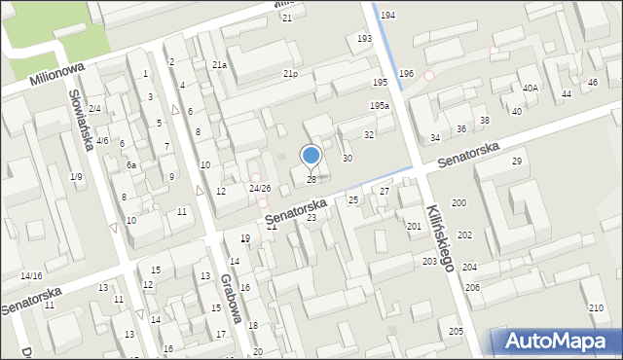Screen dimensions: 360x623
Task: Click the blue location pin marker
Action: tap(311, 155)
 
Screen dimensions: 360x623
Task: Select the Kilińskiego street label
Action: tap(441, 237)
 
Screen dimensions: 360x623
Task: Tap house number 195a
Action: tap(380, 105)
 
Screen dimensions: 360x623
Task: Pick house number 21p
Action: tap(290, 74)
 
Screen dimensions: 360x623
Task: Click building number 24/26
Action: tap(259, 188)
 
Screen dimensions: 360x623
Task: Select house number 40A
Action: tap(530, 89)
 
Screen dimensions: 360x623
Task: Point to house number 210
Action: tap(596, 308)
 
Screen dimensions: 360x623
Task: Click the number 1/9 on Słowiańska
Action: tap(76, 176)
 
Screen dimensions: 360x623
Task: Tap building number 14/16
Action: tap(31, 276)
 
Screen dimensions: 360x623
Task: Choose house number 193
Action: tap(364, 39)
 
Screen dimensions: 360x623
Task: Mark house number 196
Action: tap(406, 74)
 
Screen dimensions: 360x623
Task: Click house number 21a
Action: tap(220, 65)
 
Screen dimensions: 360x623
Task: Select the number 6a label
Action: tap(130, 165)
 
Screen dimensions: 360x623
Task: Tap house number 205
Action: tap(456, 332)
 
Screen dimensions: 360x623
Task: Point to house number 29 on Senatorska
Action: tap(517, 161)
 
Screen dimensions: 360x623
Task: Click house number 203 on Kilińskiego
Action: tap(429, 262)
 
